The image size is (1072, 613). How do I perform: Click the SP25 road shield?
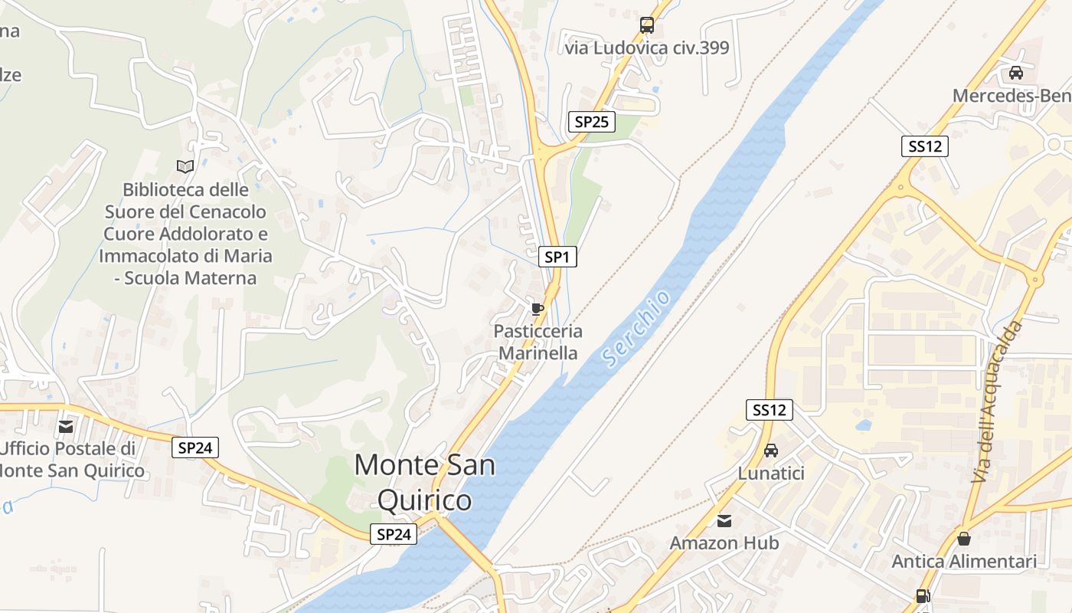[x=592, y=121]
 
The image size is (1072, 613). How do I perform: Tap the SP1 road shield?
[x=557, y=257]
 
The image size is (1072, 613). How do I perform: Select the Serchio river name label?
[x=637, y=328]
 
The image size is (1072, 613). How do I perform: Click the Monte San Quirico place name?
[x=425, y=483]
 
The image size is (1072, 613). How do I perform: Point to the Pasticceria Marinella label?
[x=538, y=342]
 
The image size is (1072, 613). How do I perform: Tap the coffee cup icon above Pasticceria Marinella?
[x=538, y=309]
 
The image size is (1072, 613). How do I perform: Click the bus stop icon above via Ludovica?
[x=647, y=25]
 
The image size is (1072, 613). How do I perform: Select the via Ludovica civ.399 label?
[x=647, y=48]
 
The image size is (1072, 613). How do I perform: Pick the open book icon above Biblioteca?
[x=185, y=166]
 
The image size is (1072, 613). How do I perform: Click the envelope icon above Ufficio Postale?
[x=67, y=426]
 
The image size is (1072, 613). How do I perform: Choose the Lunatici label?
[x=771, y=474]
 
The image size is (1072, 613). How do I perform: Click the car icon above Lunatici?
[x=771, y=451]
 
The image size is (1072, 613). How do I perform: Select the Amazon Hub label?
[x=724, y=543]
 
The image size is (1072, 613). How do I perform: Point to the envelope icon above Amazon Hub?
[x=724, y=521]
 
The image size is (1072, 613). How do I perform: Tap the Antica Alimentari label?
[x=964, y=562]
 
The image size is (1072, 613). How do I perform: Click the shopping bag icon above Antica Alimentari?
[x=964, y=539]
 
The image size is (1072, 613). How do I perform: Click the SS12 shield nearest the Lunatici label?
[x=769, y=410]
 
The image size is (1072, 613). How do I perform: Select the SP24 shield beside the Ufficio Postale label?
[x=194, y=447]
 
